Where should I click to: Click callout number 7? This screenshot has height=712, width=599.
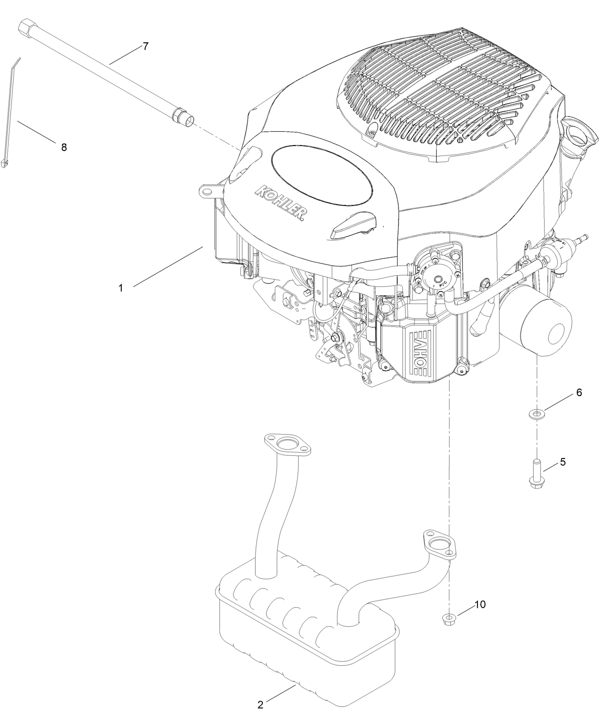click(145, 46)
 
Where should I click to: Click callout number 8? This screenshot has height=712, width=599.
click(64, 147)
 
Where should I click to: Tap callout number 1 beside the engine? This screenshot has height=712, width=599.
click(121, 288)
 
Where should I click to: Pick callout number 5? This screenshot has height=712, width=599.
click(562, 461)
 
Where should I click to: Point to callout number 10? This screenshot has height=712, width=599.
click(479, 604)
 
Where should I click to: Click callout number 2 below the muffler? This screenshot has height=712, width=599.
click(260, 705)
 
